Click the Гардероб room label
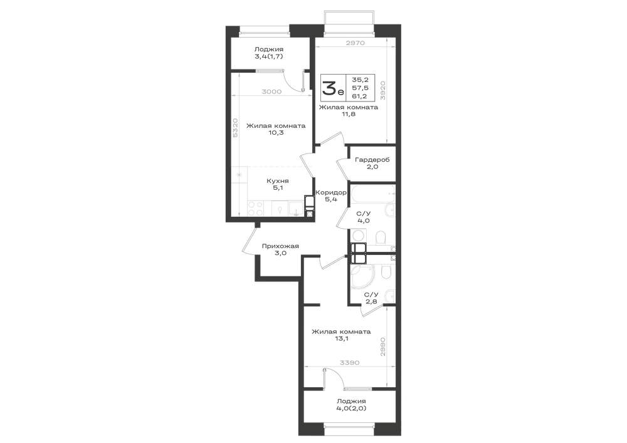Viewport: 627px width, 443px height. (x=372, y=160)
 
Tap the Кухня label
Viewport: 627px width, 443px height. (x=278, y=181)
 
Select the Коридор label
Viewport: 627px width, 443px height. (x=331, y=192)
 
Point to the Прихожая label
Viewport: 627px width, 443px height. (x=280, y=246)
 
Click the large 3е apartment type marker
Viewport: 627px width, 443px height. (x=333, y=88)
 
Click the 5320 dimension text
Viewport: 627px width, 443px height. (x=236, y=128)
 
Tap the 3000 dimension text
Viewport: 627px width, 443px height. (x=271, y=91)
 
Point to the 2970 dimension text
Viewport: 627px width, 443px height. (x=355, y=43)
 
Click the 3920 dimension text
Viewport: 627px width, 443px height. (x=382, y=90)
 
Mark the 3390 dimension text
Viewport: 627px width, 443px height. (x=349, y=363)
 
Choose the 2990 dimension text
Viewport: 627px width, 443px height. (x=382, y=347)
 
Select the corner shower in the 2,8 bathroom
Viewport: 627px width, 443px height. (x=362, y=276)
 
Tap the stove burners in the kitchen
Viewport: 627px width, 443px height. (x=256, y=209)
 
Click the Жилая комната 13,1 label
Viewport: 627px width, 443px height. (x=341, y=335)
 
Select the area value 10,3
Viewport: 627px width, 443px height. (x=276, y=133)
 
